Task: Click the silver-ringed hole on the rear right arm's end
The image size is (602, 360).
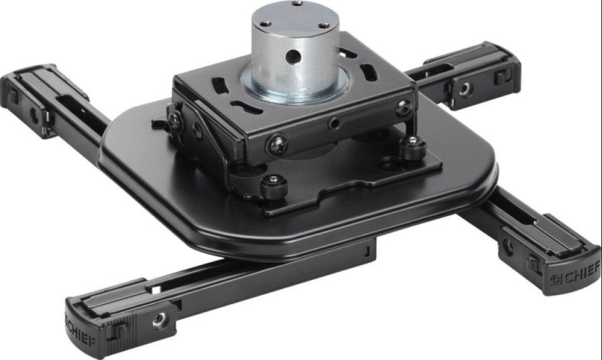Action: coord(464,89)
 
